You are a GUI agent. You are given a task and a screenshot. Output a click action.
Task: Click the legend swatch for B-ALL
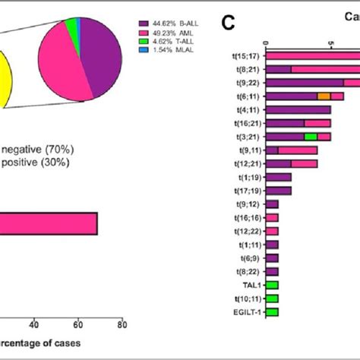point(144,24)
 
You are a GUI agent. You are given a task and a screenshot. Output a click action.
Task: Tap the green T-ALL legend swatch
point(144,43)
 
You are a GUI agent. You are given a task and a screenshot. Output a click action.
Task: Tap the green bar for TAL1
point(272,286)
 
